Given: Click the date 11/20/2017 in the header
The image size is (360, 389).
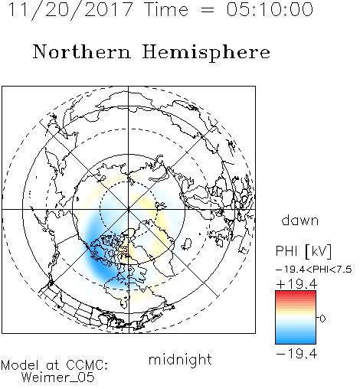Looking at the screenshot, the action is coord(70,10).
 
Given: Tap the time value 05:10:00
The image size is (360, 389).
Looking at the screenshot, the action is coord(270,9).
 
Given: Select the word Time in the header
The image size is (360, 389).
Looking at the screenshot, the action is coord(166,9).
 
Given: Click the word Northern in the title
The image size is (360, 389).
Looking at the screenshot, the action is coord(82,51).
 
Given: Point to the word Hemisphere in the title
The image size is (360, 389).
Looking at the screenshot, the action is coord(206,53).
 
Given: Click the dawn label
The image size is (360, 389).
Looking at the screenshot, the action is coord(300,220).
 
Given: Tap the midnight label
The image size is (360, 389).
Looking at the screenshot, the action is coord(180,359).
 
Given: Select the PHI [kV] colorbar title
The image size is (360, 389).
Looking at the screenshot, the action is coord(304,251).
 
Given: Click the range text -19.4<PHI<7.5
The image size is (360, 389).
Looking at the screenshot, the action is coord(314,270).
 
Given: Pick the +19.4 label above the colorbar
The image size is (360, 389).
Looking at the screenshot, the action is coord(296,284).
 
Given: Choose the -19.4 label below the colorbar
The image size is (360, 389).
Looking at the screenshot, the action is coord(296,354).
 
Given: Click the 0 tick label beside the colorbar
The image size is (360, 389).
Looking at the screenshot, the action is coord(322,319).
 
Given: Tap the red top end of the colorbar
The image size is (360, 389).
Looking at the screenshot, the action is coord(296,293).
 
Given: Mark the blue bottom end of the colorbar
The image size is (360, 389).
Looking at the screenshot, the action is coord(296,342).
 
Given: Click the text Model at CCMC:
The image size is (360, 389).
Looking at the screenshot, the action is coord(54,365).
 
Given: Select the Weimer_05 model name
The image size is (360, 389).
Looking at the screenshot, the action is coord(58,378).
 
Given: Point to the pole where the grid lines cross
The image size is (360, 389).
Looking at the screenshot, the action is coord(129,209).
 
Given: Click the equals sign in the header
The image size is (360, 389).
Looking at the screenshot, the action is coord(208,10).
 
